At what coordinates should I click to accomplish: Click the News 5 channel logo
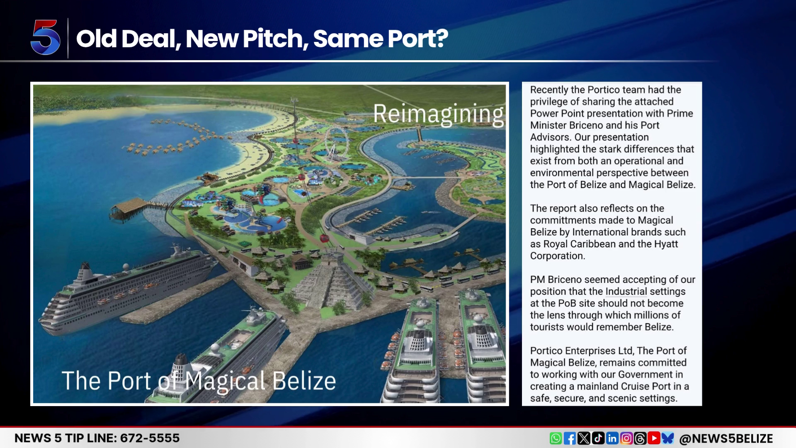[x=46, y=37]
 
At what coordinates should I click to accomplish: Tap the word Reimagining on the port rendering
[x=438, y=114]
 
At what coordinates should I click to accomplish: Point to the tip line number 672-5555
[x=150, y=438]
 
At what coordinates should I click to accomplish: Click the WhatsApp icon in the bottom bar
[x=556, y=438]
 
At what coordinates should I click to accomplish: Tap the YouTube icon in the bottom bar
[x=654, y=438]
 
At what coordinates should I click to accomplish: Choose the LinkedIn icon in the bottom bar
[x=612, y=438]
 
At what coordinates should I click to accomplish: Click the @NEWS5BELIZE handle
[x=726, y=438]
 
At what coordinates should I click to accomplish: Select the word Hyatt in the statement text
[x=666, y=244]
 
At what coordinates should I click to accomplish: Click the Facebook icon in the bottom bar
[x=570, y=438]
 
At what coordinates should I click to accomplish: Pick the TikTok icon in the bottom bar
[x=598, y=438]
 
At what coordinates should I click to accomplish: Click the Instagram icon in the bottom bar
[x=626, y=438]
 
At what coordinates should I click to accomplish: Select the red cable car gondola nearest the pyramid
[x=324, y=238]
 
